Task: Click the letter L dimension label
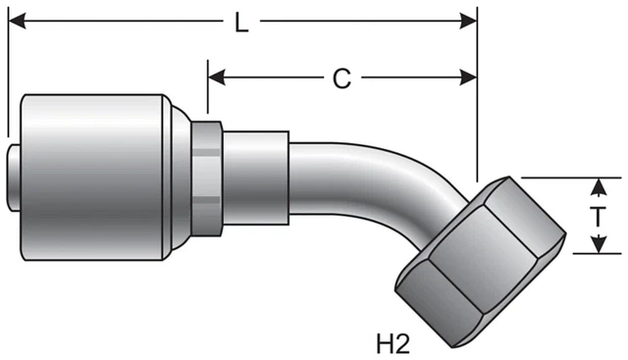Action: (241, 24)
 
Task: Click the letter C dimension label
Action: (341, 78)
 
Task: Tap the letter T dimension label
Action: (598, 217)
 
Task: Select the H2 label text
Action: (392, 343)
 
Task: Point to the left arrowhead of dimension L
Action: (17, 21)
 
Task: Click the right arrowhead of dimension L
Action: (468, 21)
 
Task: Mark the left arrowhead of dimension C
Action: (217, 77)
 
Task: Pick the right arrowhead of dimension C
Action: (468, 77)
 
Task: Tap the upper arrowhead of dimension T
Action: (598, 186)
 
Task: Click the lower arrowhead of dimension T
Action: (598, 244)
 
